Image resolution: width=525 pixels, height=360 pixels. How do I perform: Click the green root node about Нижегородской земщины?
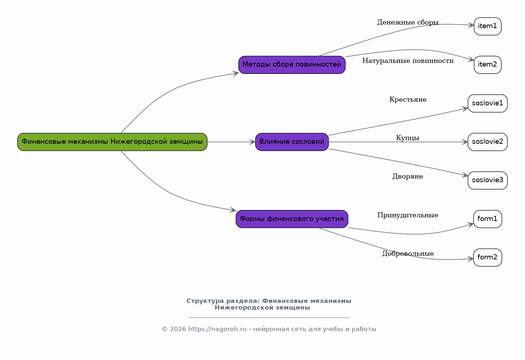[x=112, y=142]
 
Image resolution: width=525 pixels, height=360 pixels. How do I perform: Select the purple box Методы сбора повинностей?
[x=292, y=65]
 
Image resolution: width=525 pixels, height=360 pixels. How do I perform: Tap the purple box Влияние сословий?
[x=292, y=142]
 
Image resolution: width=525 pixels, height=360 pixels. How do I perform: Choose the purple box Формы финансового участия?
[x=292, y=219]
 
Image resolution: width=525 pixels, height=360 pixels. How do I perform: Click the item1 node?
[x=487, y=26]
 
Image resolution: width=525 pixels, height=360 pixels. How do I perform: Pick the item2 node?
[x=487, y=65]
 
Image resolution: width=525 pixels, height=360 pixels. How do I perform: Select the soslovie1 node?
[x=487, y=104]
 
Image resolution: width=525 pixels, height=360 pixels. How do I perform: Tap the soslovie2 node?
[x=487, y=142]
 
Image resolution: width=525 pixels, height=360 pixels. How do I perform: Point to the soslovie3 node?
[x=487, y=180]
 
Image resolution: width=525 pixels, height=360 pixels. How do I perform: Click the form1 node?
[x=487, y=219]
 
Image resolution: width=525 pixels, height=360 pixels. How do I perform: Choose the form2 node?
[x=487, y=258]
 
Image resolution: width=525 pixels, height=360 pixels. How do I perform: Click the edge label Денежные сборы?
[x=408, y=23]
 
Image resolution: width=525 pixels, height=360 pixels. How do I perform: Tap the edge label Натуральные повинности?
[x=408, y=61]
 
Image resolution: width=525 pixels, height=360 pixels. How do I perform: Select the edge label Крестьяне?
[x=408, y=100]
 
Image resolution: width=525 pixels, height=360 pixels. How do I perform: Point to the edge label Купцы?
[x=408, y=138]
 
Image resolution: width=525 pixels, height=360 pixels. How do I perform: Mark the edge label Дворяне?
[x=408, y=177]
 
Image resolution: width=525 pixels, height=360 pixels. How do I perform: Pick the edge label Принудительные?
[x=408, y=215]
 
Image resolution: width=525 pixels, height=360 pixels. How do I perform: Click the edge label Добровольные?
[x=408, y=254]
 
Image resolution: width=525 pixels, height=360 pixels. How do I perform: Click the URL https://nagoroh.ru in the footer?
[x=217, y=329]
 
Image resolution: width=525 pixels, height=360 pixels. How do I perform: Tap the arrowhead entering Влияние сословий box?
[x=252, y=142]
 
